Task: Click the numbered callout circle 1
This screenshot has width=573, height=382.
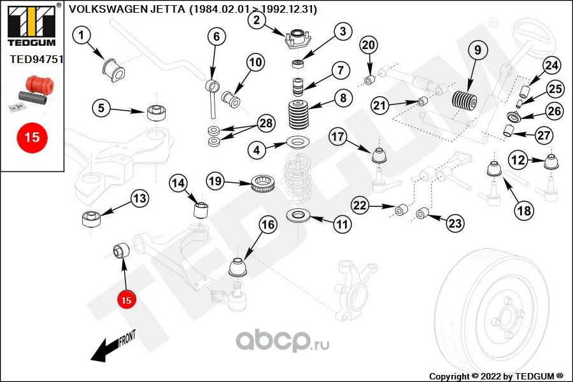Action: point(81,37)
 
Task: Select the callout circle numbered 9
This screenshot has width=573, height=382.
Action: point(477,50)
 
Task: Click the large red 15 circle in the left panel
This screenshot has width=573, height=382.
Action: point(32,136)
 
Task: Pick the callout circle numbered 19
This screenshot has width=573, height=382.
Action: point(216,182)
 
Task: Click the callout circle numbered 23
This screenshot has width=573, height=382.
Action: point(455,223)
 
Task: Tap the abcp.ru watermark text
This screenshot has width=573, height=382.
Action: point(283,343)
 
